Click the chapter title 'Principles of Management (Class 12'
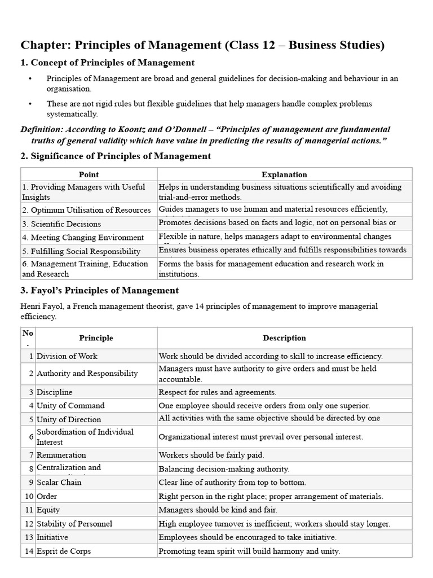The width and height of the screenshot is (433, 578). [202, 45]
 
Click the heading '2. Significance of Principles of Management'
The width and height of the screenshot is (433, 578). [116, 156]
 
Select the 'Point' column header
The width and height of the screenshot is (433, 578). [89, 174]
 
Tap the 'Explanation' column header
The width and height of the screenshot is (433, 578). [284, 174]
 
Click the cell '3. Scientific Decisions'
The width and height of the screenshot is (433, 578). [61, 224]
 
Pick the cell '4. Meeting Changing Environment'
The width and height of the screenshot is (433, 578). [83, 238]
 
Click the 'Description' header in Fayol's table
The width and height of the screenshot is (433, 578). [284, 338]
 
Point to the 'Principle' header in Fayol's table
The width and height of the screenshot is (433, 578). [96, 338]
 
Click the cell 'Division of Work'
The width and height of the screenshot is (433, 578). [67, 356]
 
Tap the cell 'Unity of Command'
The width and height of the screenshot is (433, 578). [70, 405]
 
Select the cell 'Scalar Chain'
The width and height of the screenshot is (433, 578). [59, 482]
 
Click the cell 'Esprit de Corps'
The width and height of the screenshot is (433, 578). [64, 551]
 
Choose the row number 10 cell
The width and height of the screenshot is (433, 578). [28, 496]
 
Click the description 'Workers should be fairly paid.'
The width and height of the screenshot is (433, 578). [211, 455]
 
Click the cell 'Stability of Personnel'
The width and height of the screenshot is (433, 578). [74, 524]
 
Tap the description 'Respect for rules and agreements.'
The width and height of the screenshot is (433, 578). [218, 392]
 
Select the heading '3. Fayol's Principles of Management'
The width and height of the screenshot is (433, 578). [100, 290]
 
